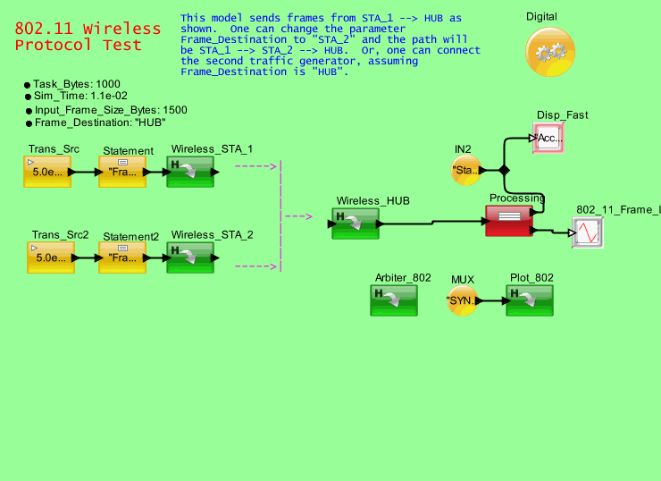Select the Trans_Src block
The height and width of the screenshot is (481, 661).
pyautogui.click(x=46, y=171)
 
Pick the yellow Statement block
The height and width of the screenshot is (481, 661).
pyautogui.click(x=122, y=172)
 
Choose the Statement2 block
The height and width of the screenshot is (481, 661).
pyautogui.click(x=122, y=257)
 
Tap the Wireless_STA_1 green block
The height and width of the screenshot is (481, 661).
pyautogui.click(x=189, y=171)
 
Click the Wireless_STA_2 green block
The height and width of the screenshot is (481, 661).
pyautogui.click(x=189, y=257)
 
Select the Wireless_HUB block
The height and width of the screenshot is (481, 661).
pyautogui.click(x=355, y=224)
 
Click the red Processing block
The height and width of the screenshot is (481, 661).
pyautogui.click(x=508, y=221)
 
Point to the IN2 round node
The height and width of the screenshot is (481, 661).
pyautogui.click(x=465, y=169)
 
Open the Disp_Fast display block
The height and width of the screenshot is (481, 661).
pyautogui.click(x=549, y=138)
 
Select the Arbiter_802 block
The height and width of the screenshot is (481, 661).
pyautogui.click(x=394, y=300)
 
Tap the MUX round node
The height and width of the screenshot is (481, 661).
pyautogui.click(x=462, y=301)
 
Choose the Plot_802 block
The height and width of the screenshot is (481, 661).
pyautogui.click(x=530, y=300)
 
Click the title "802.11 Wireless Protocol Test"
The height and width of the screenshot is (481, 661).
pyautogui.click(x=88, y=37)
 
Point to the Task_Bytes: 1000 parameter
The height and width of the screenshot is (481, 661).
pyautogui.click(x=76, y=84)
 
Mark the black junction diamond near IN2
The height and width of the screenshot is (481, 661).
pyautogui.click(x=503, y=169)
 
